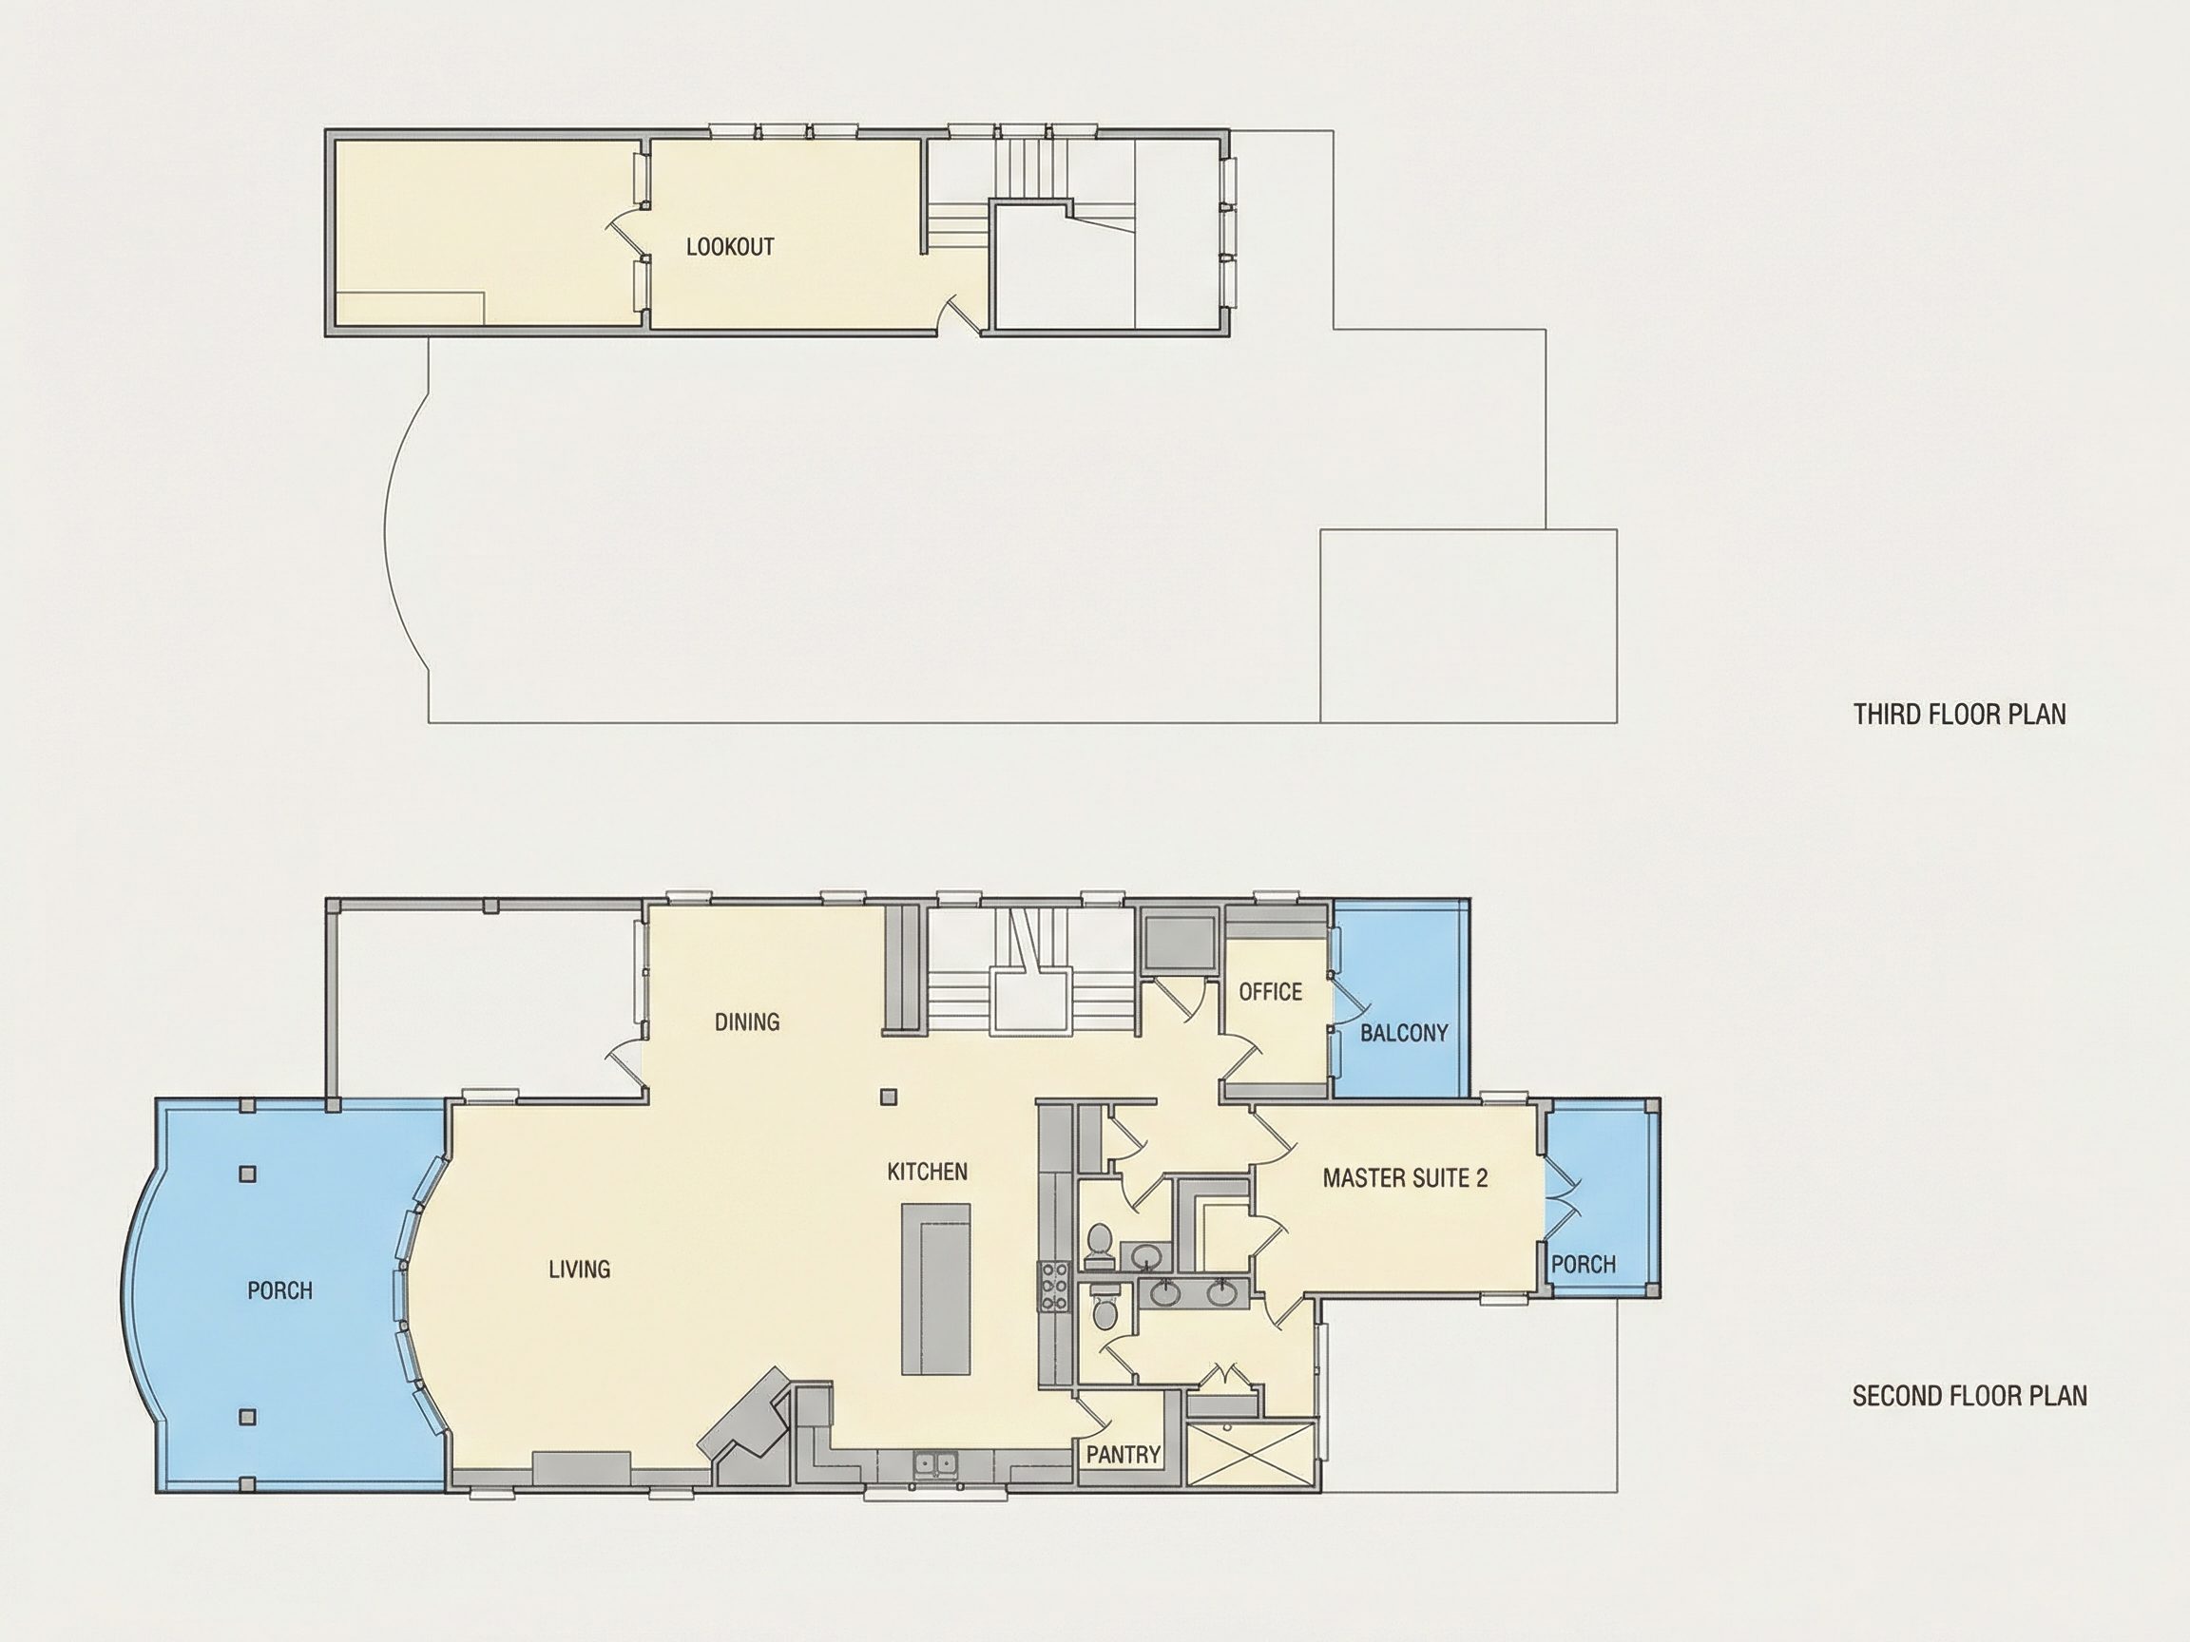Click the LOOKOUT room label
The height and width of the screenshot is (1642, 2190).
click(730, 246)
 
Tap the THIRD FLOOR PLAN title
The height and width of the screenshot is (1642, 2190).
click(1959, 714)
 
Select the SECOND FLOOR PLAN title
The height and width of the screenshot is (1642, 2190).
click(1969, 1396)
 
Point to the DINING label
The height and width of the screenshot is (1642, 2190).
click(746, 1021)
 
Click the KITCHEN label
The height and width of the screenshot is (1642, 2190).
click(927, 1172)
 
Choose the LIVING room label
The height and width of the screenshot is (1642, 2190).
click(579, 1269)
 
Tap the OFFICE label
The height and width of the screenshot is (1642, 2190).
click(1270, 992)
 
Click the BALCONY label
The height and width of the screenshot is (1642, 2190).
click(1404, 1033)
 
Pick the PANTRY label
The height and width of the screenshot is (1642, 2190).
click(1123, 1454)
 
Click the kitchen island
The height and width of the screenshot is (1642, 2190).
click(935, 1289)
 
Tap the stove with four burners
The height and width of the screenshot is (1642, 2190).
click(1053, 1287)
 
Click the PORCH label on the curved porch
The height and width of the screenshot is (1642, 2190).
click(280, 1290)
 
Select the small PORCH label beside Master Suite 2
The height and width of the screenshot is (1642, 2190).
click(1584, 1264)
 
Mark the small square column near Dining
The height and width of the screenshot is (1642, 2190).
click(889, 1097)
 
